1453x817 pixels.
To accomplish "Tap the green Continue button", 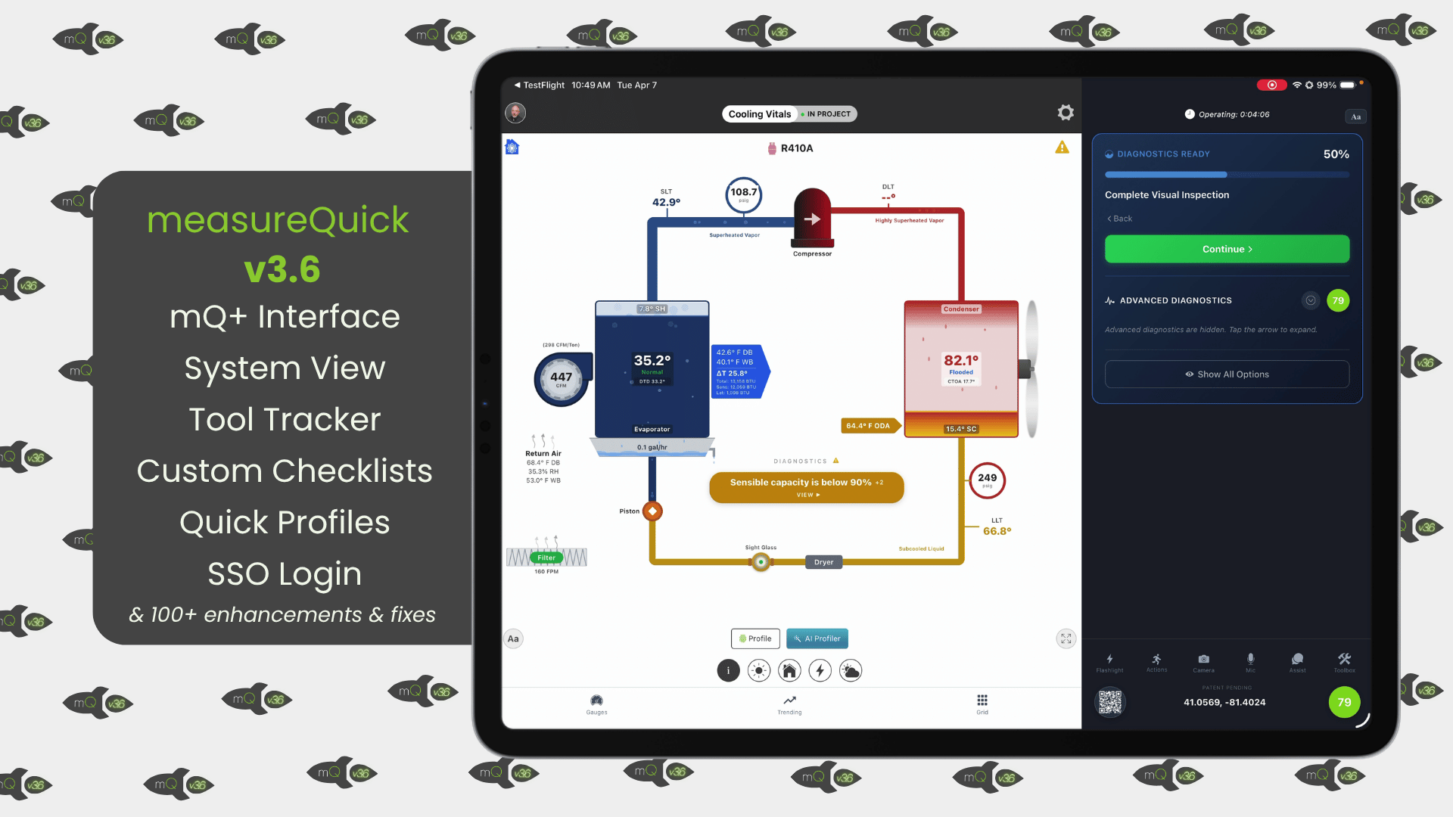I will pos(1227,249).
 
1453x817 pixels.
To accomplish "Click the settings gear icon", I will pos(1066,113).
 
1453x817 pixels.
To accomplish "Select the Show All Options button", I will pos(1227,374).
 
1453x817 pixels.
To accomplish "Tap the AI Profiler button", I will pos(817,638).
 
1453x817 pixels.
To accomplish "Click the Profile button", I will pos(755,638).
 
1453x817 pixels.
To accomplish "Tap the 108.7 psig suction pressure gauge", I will pos(743,194).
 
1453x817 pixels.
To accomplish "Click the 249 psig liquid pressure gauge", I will pos(987,480).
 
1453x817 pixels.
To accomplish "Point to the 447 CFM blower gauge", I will pos(562,378).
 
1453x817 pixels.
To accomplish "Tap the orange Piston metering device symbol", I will pos(652,511).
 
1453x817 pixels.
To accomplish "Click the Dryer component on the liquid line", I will pos(823,562).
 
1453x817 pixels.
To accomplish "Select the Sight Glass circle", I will pos(761,562).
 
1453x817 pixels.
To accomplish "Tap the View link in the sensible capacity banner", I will pos(807,495).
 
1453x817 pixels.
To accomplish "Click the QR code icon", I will pos(1110,702).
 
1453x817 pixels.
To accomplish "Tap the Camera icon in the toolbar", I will pos(1203,660).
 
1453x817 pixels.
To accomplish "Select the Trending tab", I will pos(789,704).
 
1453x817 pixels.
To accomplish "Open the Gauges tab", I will pos(596,704).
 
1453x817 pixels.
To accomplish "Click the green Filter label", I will pos(546,558).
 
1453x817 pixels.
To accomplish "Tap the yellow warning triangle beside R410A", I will pos(1062,148).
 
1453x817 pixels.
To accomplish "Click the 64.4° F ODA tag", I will pos(869,426).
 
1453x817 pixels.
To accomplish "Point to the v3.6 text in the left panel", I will pos(282,269).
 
